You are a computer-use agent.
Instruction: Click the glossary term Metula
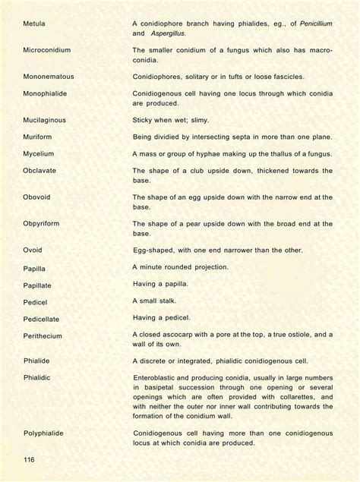(35, 24)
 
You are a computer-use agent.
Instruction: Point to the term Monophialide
(47, 93)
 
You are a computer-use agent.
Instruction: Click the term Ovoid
(33, 251)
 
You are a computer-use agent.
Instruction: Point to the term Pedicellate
(42, 318)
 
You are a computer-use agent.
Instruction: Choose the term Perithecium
(43, 336)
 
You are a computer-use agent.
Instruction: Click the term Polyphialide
(43, 433)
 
